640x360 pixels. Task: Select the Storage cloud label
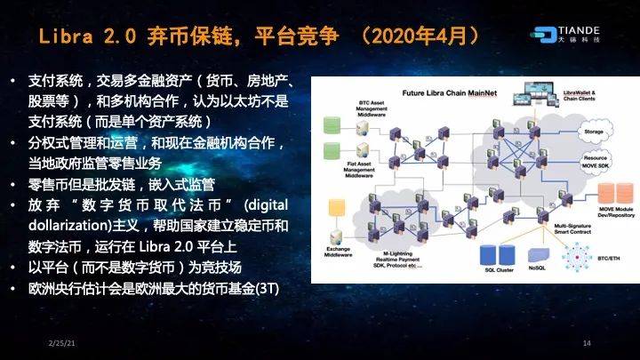click(594, 131)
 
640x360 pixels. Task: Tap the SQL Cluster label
click(498, 268)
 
